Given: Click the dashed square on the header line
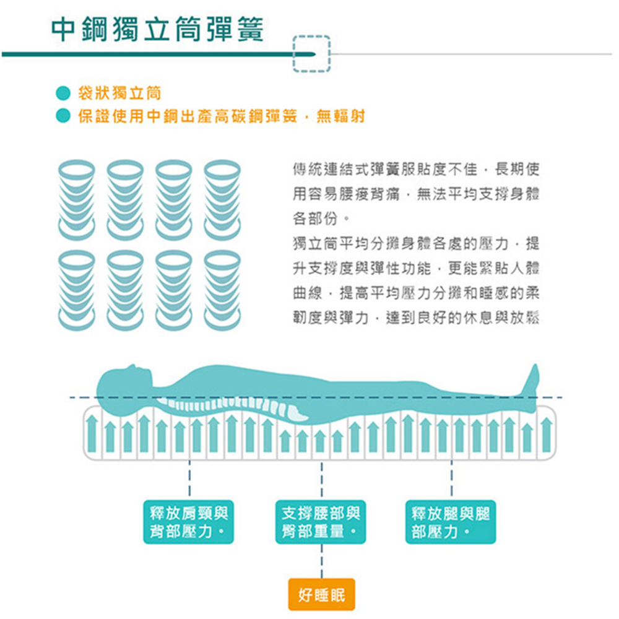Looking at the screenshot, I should [312, 54].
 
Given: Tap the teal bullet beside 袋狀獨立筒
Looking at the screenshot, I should [62, 94].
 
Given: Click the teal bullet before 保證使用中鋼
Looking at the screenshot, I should [62, 116].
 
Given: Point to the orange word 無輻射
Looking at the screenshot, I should [340, 116].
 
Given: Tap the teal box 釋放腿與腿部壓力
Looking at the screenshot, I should [450, 522].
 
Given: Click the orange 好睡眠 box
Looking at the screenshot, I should [322, 595].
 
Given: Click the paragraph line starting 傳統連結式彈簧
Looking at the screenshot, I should [416, 168].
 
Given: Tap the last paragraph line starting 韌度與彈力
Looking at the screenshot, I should [416, 318].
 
